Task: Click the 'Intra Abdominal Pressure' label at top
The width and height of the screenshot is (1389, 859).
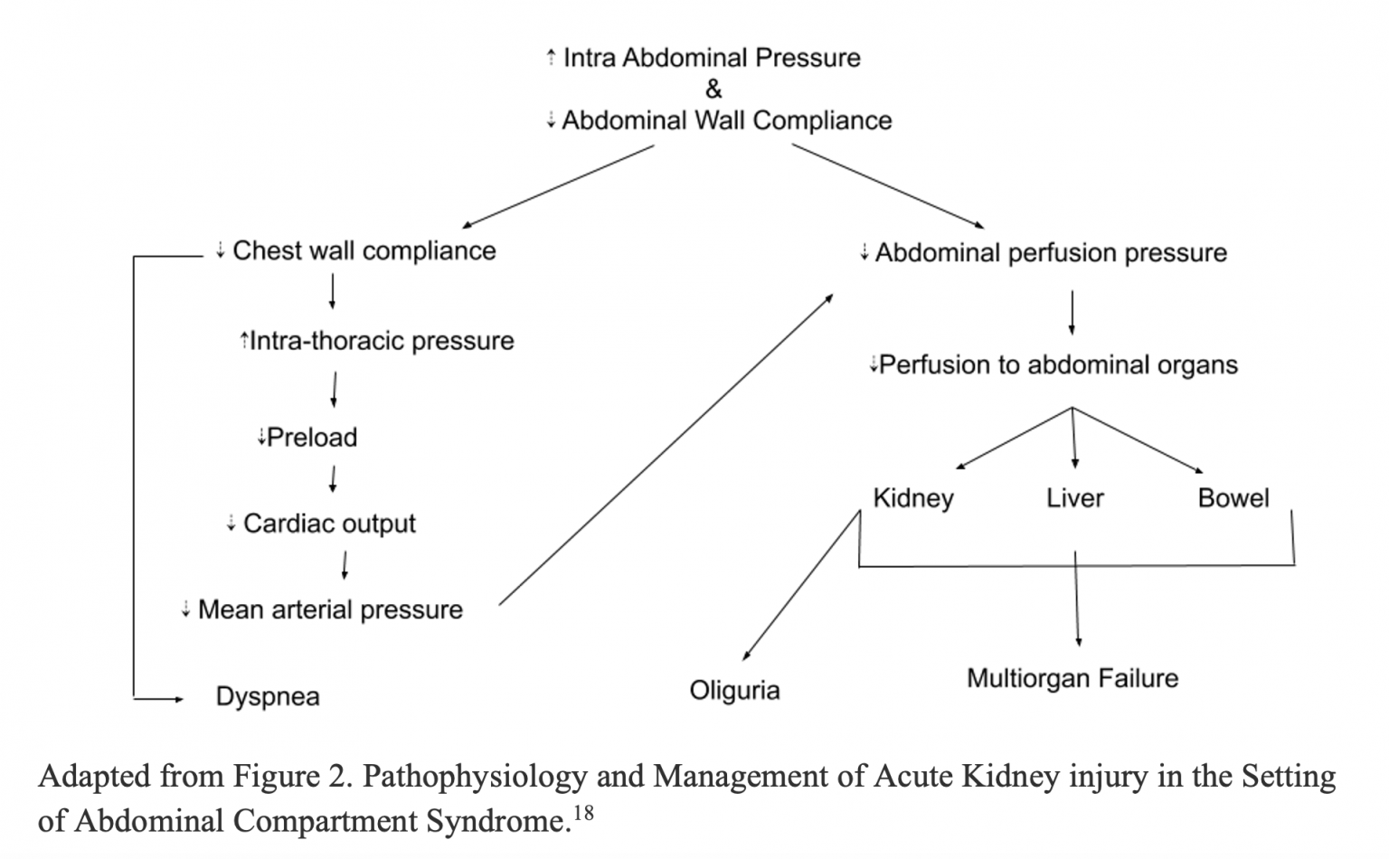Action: point(711,58)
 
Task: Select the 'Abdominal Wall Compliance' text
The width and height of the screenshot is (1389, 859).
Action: point(726,120)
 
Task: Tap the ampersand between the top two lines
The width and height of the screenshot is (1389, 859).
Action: point(713,90)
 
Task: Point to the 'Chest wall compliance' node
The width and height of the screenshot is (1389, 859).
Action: point(364,250)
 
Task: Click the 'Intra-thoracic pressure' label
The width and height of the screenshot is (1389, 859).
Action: point(381,341)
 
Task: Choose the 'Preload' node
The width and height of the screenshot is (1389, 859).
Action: point(311,438)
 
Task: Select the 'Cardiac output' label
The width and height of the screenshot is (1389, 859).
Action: point(329,524)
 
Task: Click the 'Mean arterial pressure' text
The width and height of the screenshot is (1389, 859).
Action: point(329,609)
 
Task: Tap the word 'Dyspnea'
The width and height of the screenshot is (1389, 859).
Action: point(268,697)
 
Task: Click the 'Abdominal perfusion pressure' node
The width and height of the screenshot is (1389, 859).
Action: point(1050,252)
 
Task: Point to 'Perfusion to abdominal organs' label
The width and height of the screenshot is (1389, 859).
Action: point(1057,365)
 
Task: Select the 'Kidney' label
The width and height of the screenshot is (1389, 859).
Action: point(913,498)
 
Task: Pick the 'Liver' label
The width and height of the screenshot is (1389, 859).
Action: point(1075,498)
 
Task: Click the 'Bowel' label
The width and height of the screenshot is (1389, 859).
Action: point(1233,498)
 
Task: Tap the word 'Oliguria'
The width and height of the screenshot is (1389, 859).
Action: point(734,691)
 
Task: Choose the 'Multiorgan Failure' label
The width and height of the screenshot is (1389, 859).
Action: point(1072,678)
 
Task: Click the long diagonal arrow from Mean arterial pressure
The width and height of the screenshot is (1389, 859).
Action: point(665,448)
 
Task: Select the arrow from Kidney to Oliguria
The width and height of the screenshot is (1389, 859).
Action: point(799,588)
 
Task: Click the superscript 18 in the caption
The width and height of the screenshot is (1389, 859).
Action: point(584,813)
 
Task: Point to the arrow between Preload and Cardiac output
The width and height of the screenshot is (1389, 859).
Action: point(334,479)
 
